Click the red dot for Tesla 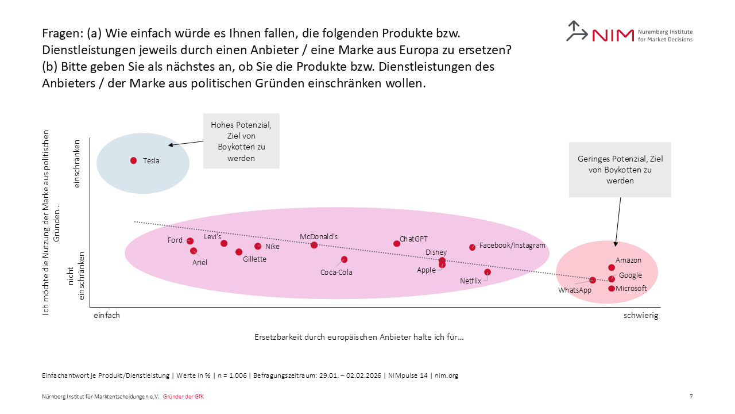pos(134,160)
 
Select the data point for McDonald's pos(314,245)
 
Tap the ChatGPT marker pos(397,243)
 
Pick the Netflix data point pos(488,272)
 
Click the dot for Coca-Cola pos(344,259)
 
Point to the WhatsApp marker pos(593,280)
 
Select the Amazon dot pos(612,267)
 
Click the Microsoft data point pos(612,288)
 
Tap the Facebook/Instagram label pos(512,246)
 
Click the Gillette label pos(254,259)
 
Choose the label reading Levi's pos(212,236)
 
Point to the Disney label pos(436,252)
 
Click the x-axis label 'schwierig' pos(641,316)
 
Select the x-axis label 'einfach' pos(107,316)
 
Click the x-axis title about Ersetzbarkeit pos(359,337)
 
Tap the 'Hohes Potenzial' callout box pos(241,141)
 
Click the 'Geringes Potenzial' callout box pos(620,170)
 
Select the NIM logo pos(629,32)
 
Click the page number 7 pos(691,397)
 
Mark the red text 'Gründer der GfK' pos(184,397)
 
